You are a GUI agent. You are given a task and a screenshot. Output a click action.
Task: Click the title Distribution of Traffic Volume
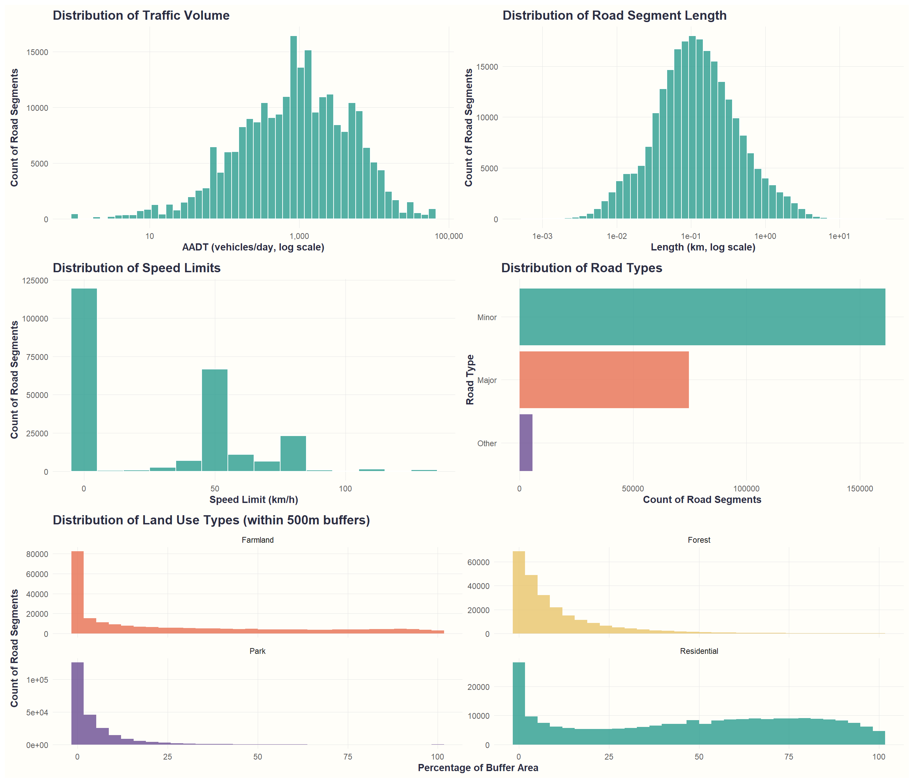141,15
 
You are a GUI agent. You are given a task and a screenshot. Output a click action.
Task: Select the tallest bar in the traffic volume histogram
293,128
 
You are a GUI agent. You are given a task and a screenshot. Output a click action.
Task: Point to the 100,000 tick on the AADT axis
448,236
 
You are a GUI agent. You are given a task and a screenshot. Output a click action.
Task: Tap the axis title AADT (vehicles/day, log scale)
253,247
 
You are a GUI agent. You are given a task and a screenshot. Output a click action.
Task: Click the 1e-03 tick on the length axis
542,236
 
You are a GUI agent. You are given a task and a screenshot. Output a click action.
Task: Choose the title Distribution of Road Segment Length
614,15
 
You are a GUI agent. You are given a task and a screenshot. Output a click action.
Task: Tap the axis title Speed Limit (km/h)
254,500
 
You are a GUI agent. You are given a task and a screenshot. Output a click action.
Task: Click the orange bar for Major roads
604,380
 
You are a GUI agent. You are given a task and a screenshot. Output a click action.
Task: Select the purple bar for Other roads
526,442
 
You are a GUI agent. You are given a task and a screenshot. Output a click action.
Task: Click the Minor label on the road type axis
487,317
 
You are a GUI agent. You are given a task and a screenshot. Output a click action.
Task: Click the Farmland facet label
258,540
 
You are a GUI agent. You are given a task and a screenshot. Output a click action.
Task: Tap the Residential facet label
699,651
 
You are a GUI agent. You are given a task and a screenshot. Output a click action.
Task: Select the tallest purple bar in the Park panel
78,703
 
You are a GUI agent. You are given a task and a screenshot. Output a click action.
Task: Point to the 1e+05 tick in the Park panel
37,680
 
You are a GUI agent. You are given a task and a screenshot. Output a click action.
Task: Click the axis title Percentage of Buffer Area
478,768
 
